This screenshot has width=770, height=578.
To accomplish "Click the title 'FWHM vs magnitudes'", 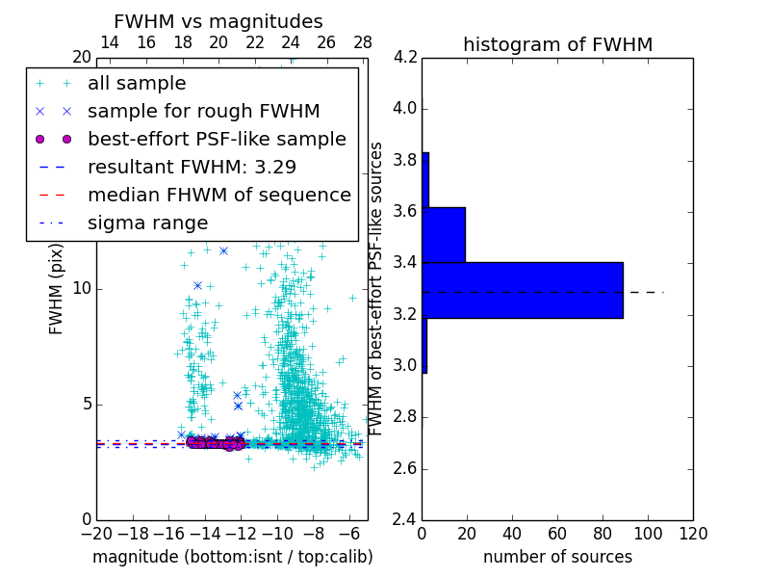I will pos(218,21).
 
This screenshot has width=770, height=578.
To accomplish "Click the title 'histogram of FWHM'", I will pos(557,44).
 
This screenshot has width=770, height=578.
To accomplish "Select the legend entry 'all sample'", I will pos(137,84).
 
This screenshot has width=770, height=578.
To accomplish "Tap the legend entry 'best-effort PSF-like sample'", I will pos(217,139).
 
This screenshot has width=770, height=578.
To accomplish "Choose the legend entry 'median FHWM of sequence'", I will pos(219,195).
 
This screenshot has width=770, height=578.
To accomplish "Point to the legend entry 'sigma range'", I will pos(147,223).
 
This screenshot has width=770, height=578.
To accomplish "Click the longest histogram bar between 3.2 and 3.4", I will pos(523,290).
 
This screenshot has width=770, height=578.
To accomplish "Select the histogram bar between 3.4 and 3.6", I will pos(444,234).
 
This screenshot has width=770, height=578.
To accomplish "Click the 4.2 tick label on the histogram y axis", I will pos(405,57).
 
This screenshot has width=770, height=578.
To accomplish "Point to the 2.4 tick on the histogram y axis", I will pos(405,519).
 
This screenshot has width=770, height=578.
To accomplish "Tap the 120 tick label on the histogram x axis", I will pos(693,534).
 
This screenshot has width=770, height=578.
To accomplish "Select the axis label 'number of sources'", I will pos(557,557).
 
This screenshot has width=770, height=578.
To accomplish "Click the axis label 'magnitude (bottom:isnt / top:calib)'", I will pos(232,557).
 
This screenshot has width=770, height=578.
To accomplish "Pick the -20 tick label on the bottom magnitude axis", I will pos(96,534).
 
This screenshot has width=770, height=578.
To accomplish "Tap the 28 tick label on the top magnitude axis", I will pos(363,42).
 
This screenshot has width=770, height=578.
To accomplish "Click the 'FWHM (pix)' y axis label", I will pos(57,288).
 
